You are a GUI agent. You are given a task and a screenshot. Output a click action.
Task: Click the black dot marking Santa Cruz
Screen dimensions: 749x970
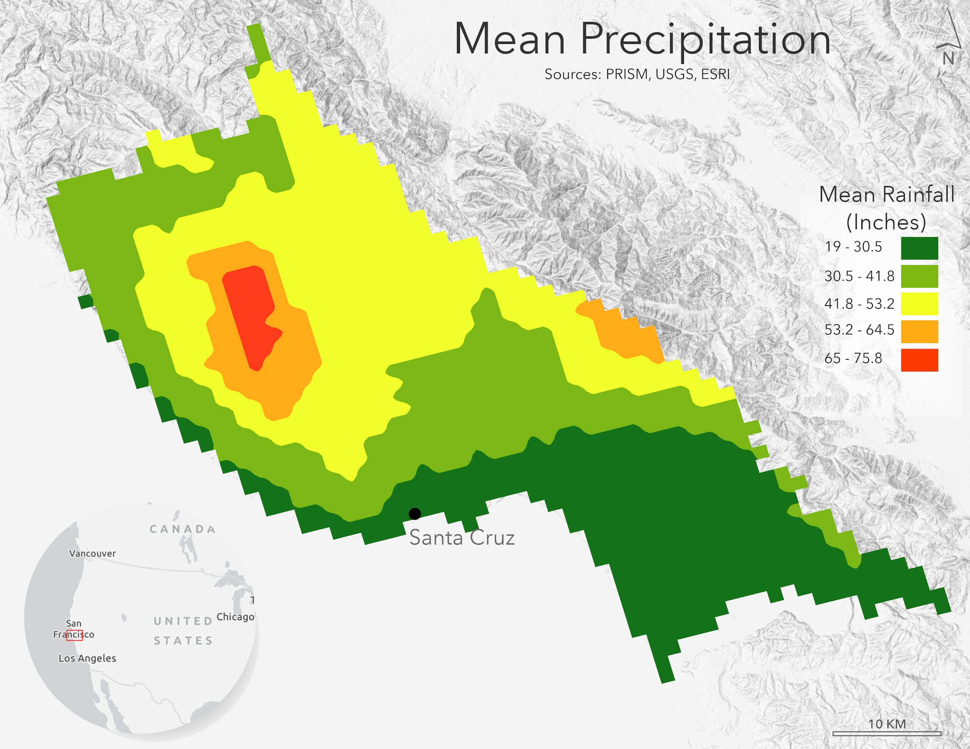[x=415, y=514]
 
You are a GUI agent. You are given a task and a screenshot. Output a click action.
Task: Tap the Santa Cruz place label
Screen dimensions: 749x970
[x=462, y=538]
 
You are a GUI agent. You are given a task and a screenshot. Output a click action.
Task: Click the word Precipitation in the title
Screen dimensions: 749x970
[x=705, y=40]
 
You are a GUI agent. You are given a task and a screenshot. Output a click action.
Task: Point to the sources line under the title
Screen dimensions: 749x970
[x=637, y=74]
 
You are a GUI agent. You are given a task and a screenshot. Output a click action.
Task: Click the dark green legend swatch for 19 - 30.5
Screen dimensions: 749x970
[x=919, y=248]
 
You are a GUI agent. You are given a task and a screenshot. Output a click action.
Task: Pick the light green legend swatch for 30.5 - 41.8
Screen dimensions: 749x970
[x=919, y=276]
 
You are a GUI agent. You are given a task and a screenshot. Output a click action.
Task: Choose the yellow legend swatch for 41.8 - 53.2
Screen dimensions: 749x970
[x=919, y=304]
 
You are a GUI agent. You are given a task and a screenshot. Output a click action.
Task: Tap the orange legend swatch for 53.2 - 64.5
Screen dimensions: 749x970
[x=919, y=331]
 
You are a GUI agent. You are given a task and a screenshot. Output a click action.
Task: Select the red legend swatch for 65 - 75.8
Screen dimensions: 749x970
[x=919, y=360]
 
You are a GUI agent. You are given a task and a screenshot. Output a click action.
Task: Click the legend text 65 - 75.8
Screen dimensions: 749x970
[x=853, y=358]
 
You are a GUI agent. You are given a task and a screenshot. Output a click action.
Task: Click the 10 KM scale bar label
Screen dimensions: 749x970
[x=887, y=724]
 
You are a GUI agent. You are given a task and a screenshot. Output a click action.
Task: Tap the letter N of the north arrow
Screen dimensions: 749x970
[x=948, y=59]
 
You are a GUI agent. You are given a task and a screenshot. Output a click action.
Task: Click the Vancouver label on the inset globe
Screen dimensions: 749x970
[x=92, y=554]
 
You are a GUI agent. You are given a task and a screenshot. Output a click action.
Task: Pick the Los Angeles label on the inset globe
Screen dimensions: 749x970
[x=87, y=658]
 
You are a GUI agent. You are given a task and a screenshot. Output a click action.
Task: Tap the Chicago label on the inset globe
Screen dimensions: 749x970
[x=235, y=617]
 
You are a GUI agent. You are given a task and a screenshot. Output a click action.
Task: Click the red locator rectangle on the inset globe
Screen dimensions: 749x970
[x=75, y=635]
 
